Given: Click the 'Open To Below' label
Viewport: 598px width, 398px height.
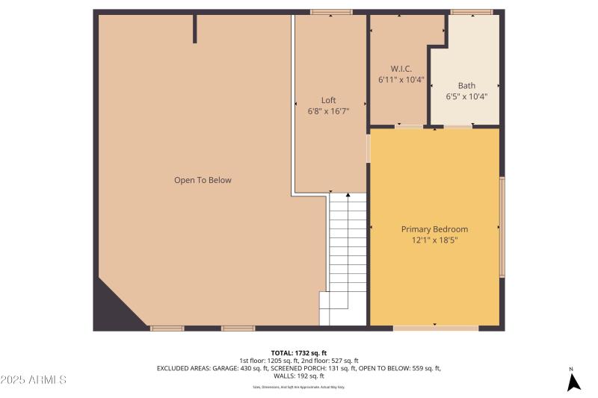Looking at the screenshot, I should point(203,180).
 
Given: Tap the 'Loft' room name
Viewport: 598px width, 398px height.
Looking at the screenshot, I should point(328,100).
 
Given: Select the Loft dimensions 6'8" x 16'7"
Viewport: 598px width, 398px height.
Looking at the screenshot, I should point(328,111).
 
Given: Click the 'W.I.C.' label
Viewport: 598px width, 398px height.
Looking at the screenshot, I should point(401,68).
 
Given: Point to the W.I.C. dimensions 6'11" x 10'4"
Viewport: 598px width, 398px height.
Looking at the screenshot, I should point(401,78).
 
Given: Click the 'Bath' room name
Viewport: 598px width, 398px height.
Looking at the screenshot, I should point(466,86).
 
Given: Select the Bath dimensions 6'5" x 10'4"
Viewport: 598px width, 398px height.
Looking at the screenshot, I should point(466,96).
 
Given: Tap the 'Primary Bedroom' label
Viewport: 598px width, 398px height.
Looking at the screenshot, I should point(434,229).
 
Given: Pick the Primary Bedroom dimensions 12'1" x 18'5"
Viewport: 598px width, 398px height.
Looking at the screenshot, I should point(434,240).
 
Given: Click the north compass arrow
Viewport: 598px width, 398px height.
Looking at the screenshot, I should point(573,382).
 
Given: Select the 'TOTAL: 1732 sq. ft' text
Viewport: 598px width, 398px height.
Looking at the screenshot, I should point(298,352).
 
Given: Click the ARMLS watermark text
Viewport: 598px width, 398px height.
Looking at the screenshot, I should point(34,380).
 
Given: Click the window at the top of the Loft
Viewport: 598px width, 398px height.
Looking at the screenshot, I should point(331,11).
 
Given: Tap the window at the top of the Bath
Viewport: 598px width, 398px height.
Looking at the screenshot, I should point(472,11).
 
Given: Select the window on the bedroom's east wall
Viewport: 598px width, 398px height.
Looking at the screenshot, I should point(502,227).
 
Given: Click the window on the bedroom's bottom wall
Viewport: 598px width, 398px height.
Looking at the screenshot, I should point(436,328).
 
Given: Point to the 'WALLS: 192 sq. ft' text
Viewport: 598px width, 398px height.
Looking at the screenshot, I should point(298,376).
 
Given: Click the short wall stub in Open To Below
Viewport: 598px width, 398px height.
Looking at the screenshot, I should point(195,28).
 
